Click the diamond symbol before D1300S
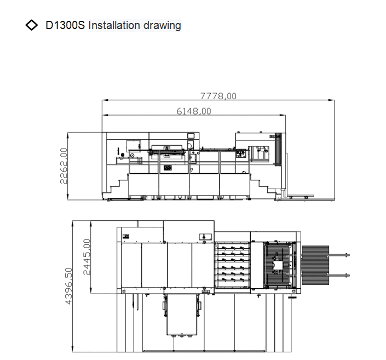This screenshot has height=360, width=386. coord(32,25)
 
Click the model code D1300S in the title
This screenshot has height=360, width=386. coord(65,25)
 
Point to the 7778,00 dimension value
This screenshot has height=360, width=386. coord(218,95)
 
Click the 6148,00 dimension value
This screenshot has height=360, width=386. coord(193,111)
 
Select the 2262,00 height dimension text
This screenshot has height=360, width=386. coord(64,165)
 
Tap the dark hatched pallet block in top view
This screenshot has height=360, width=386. coord(315,264)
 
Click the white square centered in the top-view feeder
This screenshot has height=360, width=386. coord(279,265)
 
